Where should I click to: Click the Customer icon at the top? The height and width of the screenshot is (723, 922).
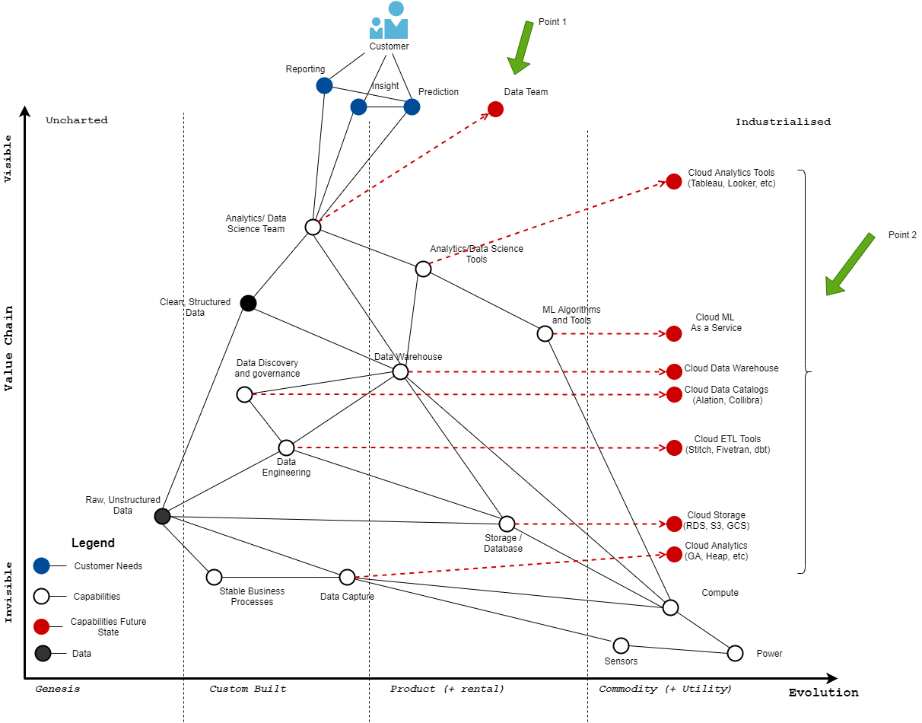(389, 21)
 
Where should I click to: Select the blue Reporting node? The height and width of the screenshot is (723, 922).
(324, 85)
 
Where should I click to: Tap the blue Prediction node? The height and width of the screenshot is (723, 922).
(412, 107)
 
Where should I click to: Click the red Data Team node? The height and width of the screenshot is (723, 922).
(495, 109)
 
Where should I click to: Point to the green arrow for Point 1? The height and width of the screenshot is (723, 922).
(522, 47)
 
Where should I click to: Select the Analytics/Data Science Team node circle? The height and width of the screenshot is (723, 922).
(313, 227)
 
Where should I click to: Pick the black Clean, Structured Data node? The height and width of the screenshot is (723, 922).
(248, 303)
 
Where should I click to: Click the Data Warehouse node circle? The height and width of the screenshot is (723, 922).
(400, 371)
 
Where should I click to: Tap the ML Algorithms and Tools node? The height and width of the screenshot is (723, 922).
(545, 333)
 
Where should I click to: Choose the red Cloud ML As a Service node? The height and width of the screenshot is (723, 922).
(674, 333)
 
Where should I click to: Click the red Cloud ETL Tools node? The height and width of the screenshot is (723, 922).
(674, 447)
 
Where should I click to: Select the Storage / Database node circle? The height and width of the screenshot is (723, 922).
(507, 524)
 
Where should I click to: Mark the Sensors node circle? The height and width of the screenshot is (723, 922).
(621, 645)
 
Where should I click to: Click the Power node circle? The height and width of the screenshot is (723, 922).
(735, 653)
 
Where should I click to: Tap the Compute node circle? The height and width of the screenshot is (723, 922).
(670, 607)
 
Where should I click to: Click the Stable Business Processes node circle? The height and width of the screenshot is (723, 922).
(214, 577)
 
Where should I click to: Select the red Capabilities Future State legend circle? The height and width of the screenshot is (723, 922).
(42, 626)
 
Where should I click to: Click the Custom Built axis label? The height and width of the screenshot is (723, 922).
(248, 689)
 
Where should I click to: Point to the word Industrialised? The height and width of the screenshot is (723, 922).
(783, 122)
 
